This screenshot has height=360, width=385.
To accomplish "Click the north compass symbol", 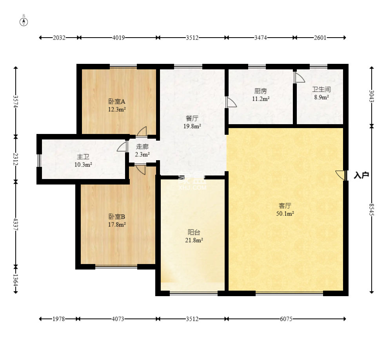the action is tap(24, 22).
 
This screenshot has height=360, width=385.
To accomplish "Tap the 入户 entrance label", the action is tap(361, 175).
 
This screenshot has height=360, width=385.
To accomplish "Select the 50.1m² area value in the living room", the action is tap(285, 213).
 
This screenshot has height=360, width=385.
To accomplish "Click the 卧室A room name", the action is tap(117, 101).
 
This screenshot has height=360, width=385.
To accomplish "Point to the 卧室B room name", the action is tap(117, 217).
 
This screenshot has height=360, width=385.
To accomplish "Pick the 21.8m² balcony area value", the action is tap(194, 240).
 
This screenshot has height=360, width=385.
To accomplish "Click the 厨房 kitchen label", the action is tap(260, 91).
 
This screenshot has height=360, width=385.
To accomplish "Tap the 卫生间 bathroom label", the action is tap(321, 89).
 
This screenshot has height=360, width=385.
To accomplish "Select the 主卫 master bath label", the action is tap(83, 157).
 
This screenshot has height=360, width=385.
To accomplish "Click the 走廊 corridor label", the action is tap(142, 147).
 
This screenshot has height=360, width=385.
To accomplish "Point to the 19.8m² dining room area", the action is tap(192, 126).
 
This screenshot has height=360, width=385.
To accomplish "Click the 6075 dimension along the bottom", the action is tap(286, 319).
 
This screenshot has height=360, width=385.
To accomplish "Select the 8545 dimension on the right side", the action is tap(372, 209).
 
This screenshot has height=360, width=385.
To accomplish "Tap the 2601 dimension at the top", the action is tap(320, 38).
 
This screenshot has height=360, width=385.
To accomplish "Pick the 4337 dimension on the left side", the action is tap(16, 224).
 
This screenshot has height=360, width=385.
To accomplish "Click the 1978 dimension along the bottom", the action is tap(59, 319).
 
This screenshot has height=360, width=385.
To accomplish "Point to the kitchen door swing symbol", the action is tap(231, 102).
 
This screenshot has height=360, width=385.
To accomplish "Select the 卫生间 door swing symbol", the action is tap(299, 77).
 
